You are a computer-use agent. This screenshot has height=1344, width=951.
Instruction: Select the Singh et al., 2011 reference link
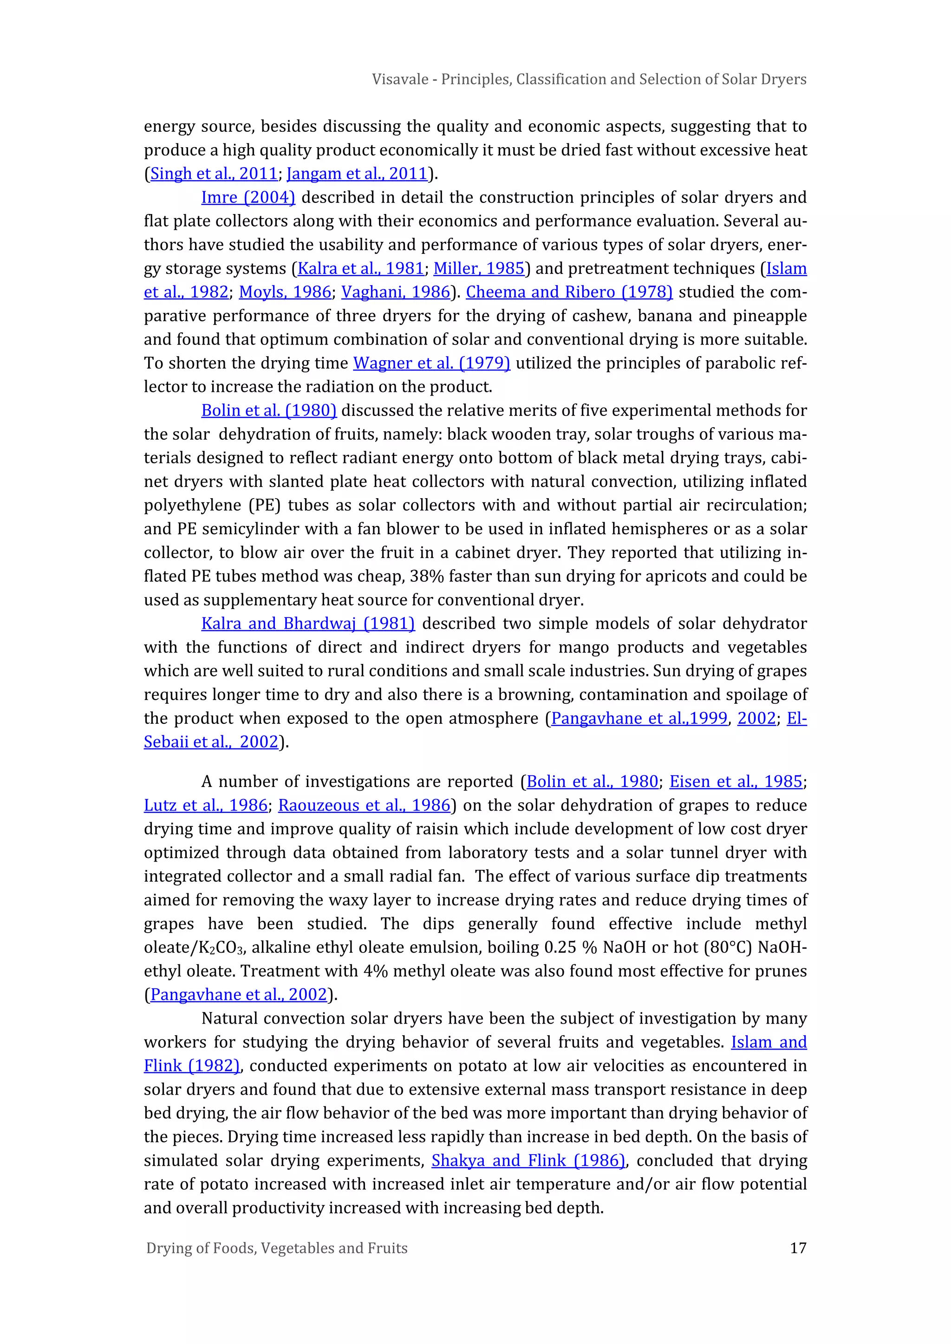[x=214, y=174]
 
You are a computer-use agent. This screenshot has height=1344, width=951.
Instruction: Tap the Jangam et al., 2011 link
[x=357, y=174]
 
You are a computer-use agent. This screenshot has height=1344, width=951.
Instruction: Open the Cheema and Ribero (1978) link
[x=569, y=292]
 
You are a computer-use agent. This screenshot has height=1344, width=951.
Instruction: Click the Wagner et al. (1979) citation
[x=431, y=363]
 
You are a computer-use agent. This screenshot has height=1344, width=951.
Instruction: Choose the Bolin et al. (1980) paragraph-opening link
[x=269, y=410]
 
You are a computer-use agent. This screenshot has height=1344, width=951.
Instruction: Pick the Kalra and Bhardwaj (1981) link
[x=308, y=623]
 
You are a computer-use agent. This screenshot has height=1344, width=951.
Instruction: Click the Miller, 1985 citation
[x=478, y=269]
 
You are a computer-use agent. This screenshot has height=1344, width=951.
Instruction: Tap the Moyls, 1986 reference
[x=285, y=292]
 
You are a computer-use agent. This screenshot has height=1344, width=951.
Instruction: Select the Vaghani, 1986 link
[x=396, y=292]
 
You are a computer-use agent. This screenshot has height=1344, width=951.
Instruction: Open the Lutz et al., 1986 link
[x=206, y=805]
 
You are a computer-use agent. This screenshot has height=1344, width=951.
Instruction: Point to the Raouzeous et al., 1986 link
[x=364, y=805]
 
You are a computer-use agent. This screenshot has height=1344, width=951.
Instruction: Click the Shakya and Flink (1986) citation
[x=528, y=1161]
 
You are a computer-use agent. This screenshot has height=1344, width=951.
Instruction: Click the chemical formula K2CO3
[x=220, y=948]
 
